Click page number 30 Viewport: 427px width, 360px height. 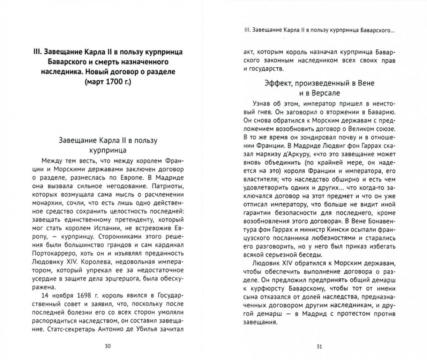tap(108, 346)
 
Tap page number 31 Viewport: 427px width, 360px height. tap(319, 347)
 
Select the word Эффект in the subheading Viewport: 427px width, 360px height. tap(277, 83)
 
